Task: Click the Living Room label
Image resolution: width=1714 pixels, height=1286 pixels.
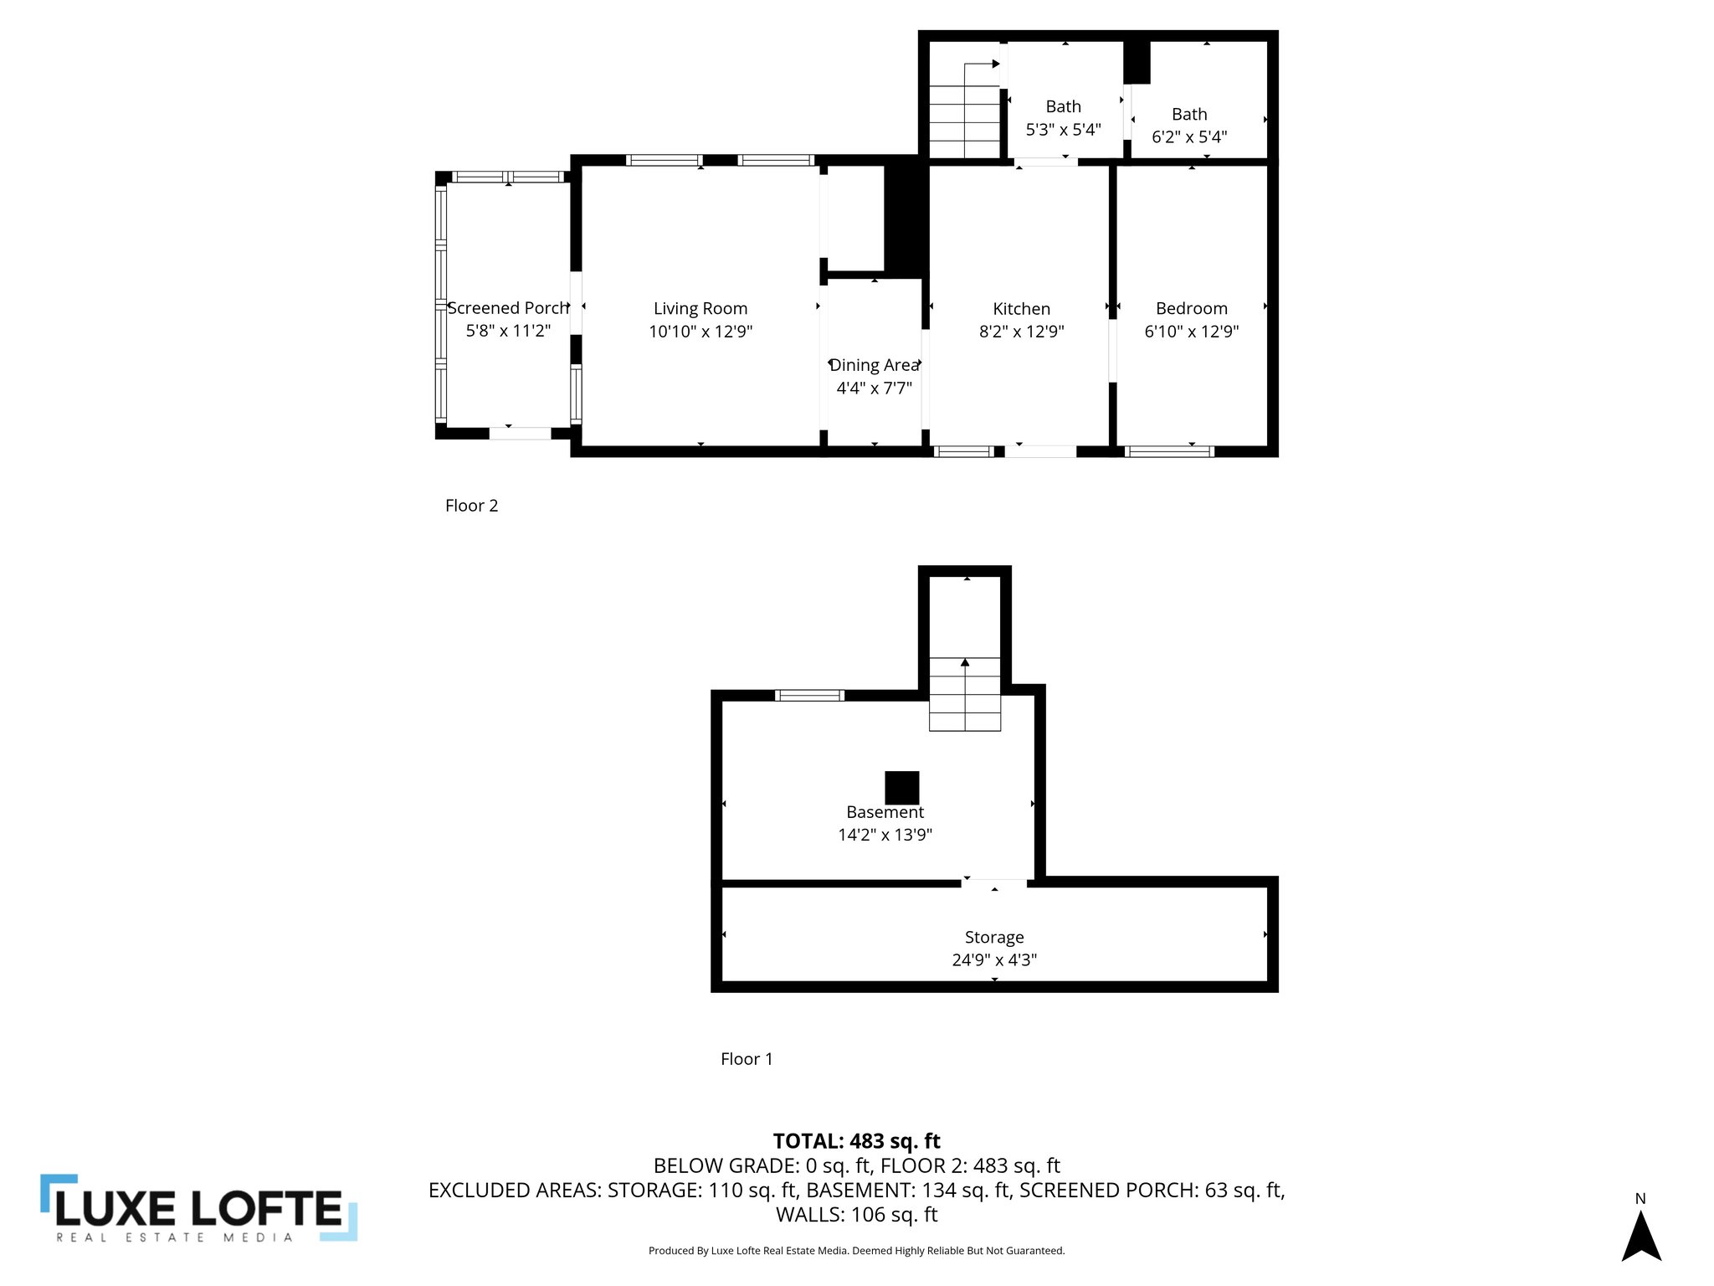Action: (700, 309)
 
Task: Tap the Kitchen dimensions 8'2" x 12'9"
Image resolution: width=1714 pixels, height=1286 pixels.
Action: (1021, 332)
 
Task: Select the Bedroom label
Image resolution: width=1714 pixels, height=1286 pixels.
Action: (1191, 309)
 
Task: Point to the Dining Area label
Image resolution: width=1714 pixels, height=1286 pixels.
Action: (874, 366)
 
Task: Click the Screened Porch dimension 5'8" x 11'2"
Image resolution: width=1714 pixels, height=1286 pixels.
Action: (508, 331)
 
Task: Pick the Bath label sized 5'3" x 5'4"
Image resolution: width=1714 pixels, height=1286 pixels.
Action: (1063, 107)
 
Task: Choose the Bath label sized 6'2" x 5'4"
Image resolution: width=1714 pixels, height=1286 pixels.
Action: (1189, 115)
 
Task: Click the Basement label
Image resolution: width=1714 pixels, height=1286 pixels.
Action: (885, 812)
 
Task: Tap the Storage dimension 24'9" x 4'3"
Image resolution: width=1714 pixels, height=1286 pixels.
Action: (993, 960)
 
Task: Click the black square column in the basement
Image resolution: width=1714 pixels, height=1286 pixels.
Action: (901, 788)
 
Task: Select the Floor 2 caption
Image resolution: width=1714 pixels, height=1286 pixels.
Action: (471, 506)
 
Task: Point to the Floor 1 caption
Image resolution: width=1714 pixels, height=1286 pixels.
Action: (747, 1059)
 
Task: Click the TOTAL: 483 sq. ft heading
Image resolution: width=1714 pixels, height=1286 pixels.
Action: (856, 1141)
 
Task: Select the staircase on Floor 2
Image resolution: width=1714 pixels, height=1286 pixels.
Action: (965, 117)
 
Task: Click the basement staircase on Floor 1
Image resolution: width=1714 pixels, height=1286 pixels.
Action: (965, 694)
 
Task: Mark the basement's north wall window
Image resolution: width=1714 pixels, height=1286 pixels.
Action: (808, 695)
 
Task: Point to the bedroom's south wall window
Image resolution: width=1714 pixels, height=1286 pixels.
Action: (1168, 451)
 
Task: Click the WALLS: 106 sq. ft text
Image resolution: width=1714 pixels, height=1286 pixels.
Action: (856, 1215)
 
